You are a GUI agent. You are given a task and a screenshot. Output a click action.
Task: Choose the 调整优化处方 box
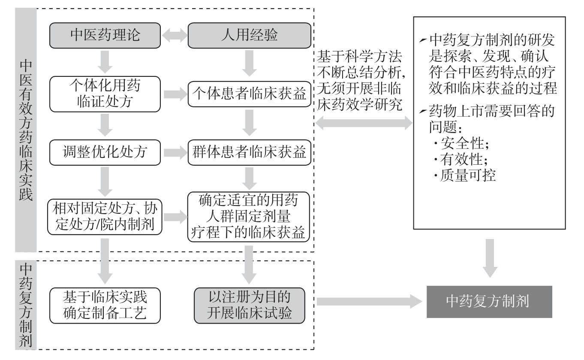click(x=105, y=152)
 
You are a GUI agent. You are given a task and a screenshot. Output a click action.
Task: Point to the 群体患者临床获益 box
click(x=249, y=152)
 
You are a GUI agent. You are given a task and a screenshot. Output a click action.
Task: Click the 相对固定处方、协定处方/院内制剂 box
click(x=105, y=217)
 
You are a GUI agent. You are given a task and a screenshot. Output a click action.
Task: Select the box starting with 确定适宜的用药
click(x=249, y=217)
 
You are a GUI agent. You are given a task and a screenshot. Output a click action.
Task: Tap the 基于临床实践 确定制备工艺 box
click(x=105, y=305)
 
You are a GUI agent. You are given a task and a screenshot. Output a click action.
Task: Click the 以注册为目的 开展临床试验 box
click(x=249, y=305)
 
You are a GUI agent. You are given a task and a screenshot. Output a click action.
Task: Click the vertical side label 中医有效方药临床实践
click(x=26, y=129)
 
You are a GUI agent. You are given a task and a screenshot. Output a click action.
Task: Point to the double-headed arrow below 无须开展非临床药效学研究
click(x=364, y=124)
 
